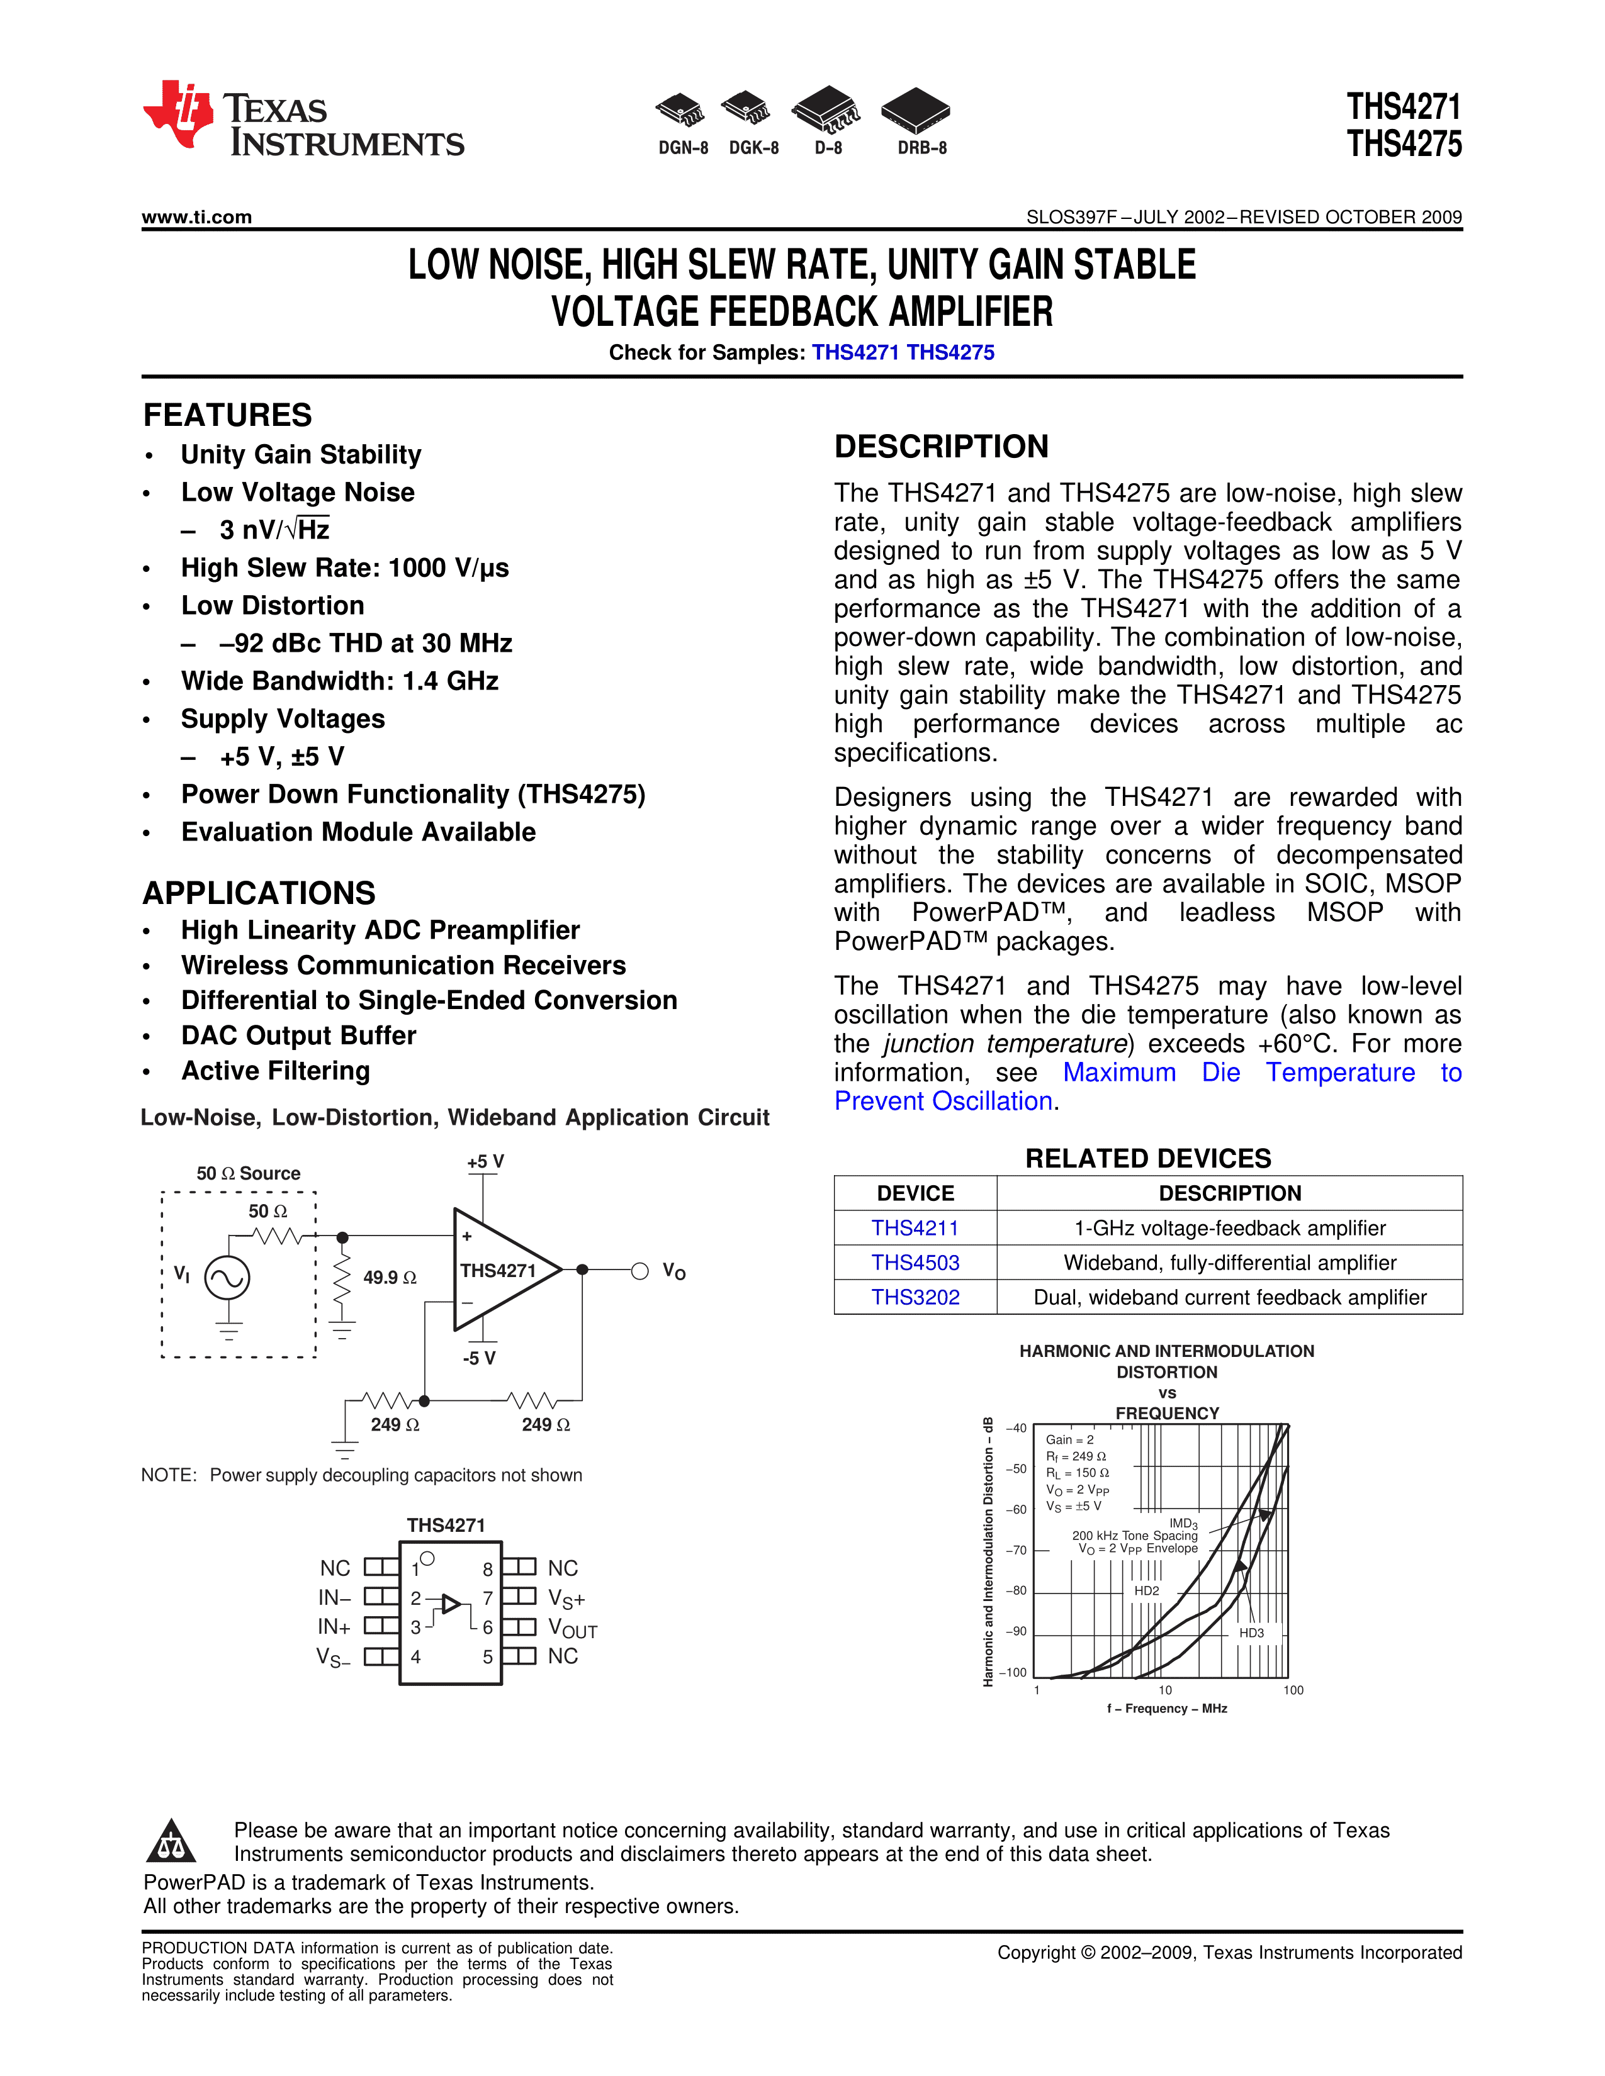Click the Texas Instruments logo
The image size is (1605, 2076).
pyautogui.click(x=302, y=118)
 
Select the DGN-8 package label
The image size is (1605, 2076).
pyautogui.click(x=684, y=148)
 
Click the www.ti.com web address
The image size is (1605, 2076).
pyautogui.click(x=197, y=217)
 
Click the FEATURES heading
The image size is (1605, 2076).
pyautogui.click(x=227, y=415)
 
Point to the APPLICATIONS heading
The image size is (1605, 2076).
pyautogui.click(x=259, y=893)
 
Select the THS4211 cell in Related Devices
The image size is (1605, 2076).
pyautogui.click(x=915, y=1228)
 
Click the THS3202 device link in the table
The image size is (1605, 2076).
pyautogui.click(x=915, y=1297)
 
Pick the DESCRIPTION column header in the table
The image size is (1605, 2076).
pyautogui.click(x=1229, y=1193)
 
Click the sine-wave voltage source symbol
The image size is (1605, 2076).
pyautogui.click(x=228, y=1278)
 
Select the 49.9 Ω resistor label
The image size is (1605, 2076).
pyautogui.click(x=390, y=1278)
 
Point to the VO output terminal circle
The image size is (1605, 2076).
pyautogui.click(x=641, y=1271)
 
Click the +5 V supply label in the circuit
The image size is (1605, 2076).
pyautogui.click(x=485, y=1161)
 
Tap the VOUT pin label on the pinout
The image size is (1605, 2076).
pyautogui.click(x=572, y=1628)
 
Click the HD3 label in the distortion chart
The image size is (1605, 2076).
pyautogui.click(x=1251, y=1633)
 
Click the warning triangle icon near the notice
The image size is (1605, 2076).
pyautogui.click(x=171, y=1841)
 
